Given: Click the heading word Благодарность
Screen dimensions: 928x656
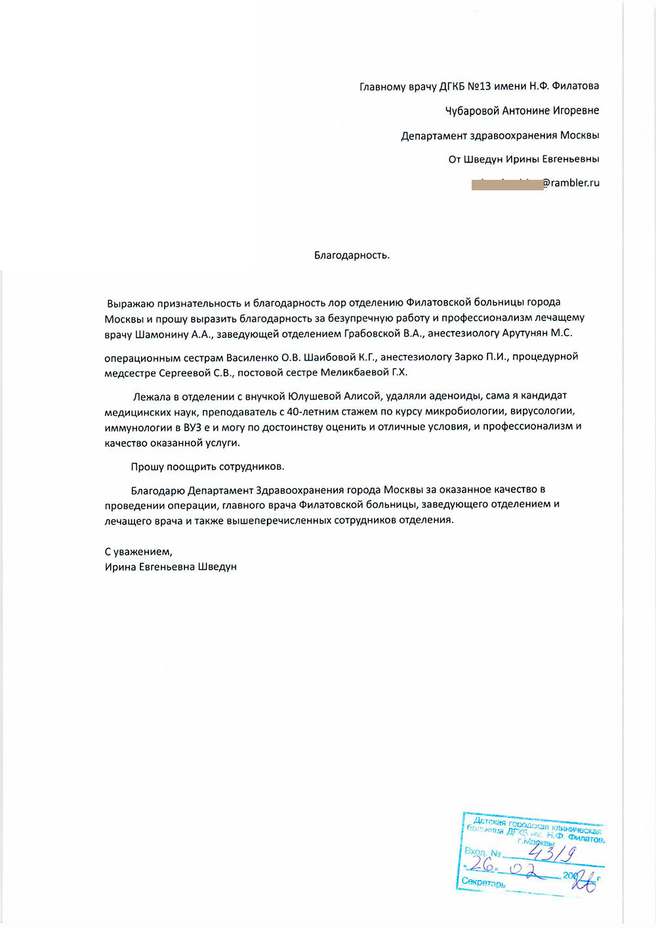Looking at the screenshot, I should tap(352, 255).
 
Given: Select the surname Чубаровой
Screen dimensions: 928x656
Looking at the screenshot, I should tap(472, 111).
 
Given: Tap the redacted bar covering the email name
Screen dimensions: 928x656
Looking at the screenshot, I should tap(506, 184).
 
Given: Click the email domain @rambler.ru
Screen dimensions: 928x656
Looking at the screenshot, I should tap(571, 183).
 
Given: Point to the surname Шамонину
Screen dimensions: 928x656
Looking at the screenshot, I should tap(161, 333).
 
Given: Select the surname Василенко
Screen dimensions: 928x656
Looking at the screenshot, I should tap(252, 357).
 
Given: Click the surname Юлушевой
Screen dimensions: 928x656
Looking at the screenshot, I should tap(310, 396).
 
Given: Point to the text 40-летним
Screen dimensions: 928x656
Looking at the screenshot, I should tap(312, 411).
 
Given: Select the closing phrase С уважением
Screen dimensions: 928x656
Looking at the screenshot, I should tap(138, 552).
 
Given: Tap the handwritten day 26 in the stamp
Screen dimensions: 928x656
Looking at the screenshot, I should tap(483, 865).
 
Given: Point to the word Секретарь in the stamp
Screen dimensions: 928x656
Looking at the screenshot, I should tap(483, 883).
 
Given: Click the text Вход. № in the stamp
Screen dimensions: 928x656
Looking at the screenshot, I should tap(483, 852).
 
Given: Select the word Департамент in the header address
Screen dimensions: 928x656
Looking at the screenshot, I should tap(434, 136).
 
